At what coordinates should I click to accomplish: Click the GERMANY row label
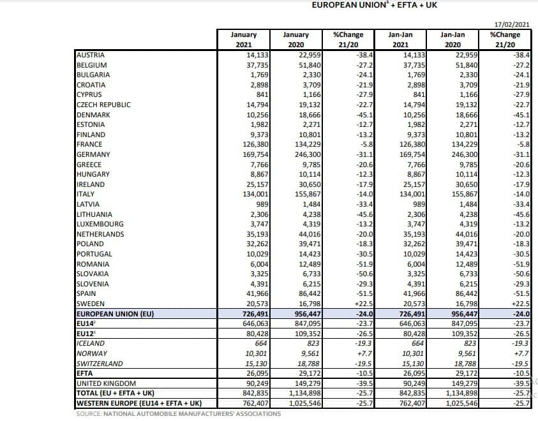[93, 154]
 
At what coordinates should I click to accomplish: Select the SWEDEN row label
[91, 304]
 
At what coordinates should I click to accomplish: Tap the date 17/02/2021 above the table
[512, 24]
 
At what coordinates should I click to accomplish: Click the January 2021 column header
[244, 40]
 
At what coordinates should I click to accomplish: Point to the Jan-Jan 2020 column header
[452, 40]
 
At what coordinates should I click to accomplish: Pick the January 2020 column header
[295, 40]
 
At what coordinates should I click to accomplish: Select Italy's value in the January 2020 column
[308, 194]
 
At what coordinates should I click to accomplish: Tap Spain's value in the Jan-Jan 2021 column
[412, 294]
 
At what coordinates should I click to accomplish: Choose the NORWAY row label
[92, 353]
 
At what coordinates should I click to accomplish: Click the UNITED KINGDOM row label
[106, 383]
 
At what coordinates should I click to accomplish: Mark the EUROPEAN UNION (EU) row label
[116, 314]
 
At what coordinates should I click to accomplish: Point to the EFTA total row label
[84, 373]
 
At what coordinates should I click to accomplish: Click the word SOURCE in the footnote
[89, 414]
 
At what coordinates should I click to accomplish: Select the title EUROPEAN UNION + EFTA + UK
[375, 5]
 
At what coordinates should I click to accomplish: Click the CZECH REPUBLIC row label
[103, 105]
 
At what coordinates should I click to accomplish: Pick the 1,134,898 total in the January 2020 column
[305, 393]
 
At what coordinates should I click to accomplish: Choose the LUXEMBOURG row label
[100, 224]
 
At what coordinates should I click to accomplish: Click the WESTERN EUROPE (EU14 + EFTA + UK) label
[139, 403]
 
